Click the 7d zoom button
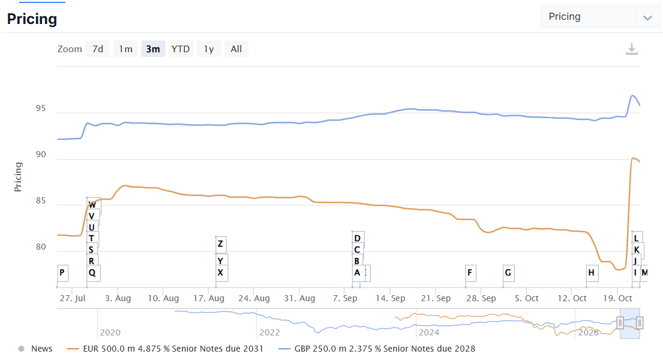98,49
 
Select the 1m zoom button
125,49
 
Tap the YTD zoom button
181,49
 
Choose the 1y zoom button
209,49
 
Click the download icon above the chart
632,49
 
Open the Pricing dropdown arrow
647,18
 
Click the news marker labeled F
470,273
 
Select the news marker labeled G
508,273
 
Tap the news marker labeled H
592,273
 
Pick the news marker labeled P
62,273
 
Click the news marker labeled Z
221,244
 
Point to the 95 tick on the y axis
41,109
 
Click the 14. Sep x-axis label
390,298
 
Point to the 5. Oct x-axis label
526,298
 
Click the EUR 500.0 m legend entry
165,349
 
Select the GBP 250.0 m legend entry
377,349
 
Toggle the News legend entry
35,349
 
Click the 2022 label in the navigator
269,332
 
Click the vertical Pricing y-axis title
18,177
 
